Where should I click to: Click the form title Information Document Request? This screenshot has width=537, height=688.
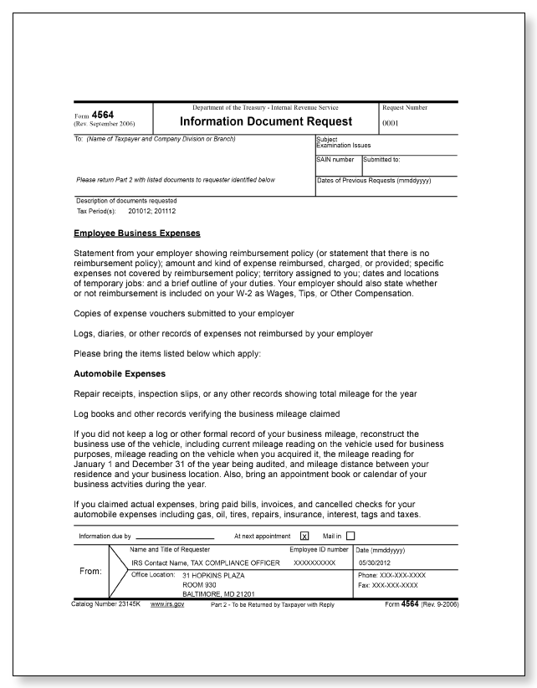click(x=267, y=121)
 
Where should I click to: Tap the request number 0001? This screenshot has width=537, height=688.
click(x=391, y=122)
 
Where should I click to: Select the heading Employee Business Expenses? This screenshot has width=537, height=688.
click(x=137, y=233)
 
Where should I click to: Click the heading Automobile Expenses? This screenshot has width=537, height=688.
click(x=120, y=372)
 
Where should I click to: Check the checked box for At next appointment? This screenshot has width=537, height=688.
click(x=304, y=536)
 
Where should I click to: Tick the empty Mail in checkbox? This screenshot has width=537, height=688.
click(x=350, y=536)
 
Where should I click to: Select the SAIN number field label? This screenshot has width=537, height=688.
click(x=335, y=159)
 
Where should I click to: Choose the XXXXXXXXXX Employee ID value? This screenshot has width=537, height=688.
click(x=315, y=564)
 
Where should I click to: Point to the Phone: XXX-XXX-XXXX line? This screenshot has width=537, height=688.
click(x=391, y=577)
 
